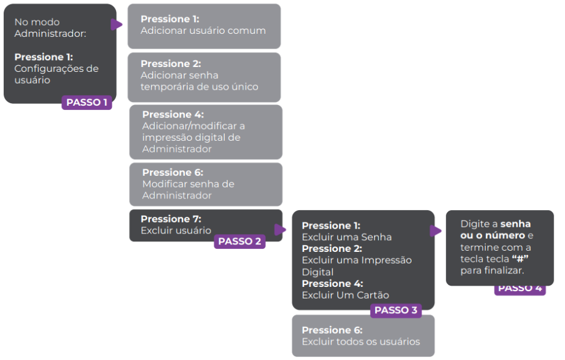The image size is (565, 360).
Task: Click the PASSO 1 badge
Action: [87, 103]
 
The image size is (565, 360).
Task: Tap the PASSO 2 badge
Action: [240, 241]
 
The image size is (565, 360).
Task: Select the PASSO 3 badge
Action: [395, 310]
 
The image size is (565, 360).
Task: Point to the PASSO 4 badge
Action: [520, 288]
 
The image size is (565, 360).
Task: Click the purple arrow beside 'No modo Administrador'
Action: [116, 25]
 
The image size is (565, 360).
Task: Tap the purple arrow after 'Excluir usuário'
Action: [280, 230]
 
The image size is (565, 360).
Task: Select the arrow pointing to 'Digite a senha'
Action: [435, 231]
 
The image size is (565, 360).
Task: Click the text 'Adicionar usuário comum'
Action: [203, 31]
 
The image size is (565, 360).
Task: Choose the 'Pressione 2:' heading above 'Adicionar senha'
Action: [171, 64]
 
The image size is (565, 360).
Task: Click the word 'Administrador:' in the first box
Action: [50, 34]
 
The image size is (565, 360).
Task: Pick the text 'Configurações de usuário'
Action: [56, 74]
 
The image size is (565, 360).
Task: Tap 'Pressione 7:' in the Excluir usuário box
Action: [171, 219]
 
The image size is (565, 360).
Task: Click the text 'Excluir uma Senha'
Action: [346, 237]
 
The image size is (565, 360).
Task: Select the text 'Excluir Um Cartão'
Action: [345, 295]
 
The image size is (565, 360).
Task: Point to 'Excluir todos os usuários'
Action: [360, 342]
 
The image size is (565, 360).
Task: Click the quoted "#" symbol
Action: [520, 259]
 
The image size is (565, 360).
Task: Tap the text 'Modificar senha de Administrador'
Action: [188, 190]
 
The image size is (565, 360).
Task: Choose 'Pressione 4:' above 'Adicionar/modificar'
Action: [173, 115]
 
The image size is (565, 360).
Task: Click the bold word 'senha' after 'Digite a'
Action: [515, 224]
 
